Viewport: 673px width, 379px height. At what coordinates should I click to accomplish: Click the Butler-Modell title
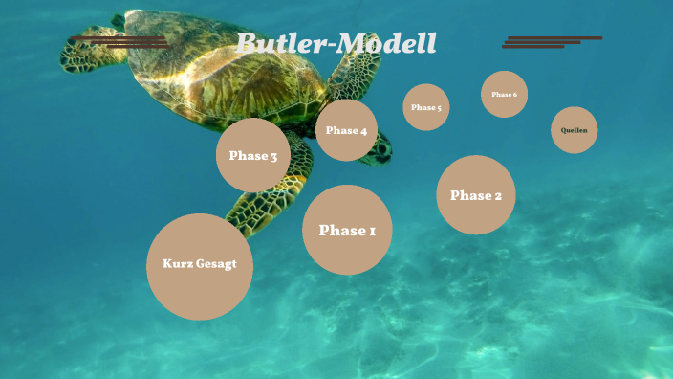336,44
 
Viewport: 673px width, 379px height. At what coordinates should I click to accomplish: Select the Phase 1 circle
347,230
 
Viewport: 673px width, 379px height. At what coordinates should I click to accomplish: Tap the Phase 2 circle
476,195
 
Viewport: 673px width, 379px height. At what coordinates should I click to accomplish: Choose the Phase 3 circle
253,155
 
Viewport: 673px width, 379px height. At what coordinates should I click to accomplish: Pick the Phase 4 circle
346,130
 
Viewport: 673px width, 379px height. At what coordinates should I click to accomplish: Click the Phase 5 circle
426,107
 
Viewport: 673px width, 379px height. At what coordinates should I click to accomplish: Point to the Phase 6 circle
504,95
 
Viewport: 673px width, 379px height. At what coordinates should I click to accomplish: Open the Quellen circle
575,130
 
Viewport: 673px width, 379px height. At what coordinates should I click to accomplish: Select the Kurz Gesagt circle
200,266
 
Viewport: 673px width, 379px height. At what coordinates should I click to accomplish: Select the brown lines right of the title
551,42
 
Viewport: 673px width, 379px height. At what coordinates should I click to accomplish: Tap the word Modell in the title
392,44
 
